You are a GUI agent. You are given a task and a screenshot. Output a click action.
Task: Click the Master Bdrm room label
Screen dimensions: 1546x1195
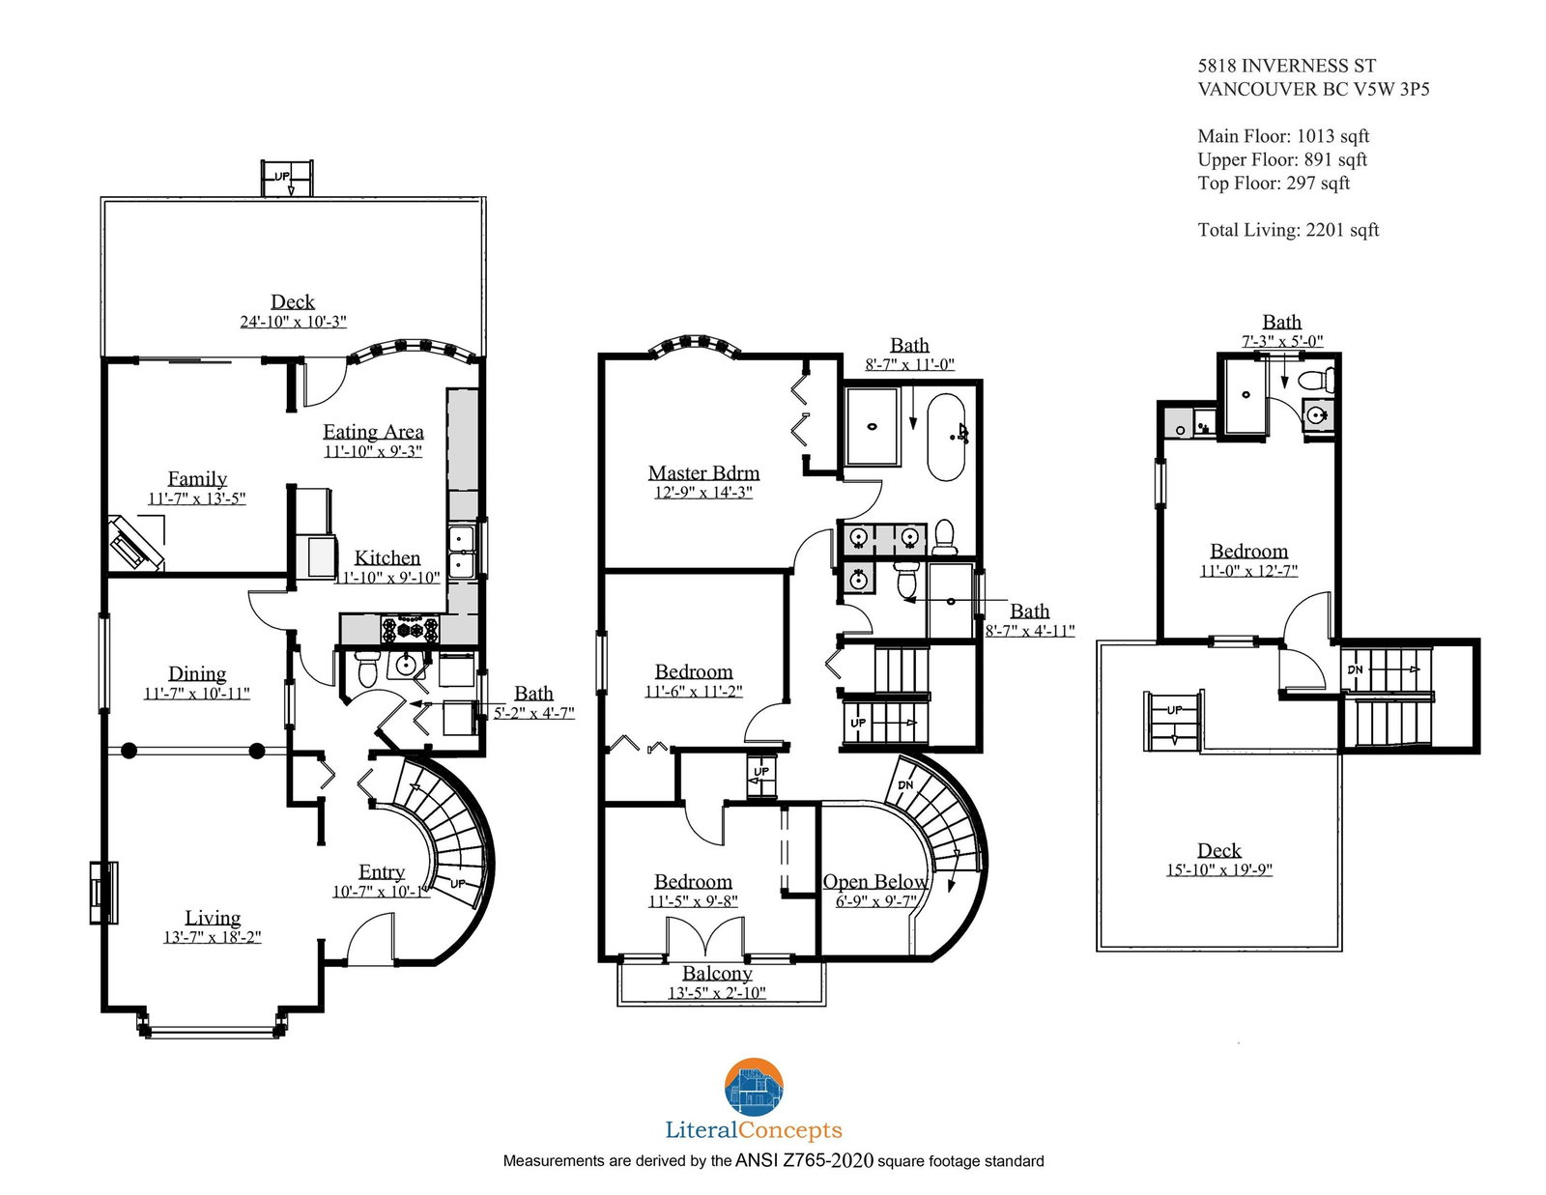click(x=702, y=473)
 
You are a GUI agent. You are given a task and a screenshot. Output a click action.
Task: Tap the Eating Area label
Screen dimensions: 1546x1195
click(x=373, y=432)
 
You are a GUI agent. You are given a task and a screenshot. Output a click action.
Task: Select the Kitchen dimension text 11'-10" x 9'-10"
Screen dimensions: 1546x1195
click(x=387, y=577)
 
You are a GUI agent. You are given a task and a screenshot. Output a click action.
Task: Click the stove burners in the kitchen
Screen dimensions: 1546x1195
click(x=411, y=629)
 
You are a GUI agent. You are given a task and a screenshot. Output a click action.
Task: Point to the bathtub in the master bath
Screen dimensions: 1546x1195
click(x=946, y=438)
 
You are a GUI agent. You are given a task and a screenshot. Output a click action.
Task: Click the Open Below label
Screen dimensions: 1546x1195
click(x=875, y=881)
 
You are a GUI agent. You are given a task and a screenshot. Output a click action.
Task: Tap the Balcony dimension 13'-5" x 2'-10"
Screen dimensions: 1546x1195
click(x=716, y=992)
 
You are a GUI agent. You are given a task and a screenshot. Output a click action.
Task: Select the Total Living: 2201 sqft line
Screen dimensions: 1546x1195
click(x=1288, y=230)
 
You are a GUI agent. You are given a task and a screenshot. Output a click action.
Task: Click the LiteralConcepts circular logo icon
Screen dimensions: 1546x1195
click(x=754, y=1086)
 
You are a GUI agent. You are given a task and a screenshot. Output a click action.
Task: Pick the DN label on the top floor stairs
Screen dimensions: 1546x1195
click(x=1355, y=669)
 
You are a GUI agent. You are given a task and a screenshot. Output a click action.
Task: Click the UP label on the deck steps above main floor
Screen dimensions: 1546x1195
click(x=282, y=176)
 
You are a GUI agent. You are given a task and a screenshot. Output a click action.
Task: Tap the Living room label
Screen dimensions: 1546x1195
click(x=213, y=918)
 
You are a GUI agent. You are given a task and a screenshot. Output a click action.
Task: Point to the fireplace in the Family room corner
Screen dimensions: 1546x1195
click(x=135, y=544)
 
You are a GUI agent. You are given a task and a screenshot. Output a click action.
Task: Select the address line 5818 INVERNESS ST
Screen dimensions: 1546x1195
click(x=1286, y=66)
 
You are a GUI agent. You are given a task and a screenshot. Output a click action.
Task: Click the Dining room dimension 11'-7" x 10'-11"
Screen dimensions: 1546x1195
click(x=197, y=693)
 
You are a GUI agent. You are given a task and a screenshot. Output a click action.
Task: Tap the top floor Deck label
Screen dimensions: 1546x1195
click(x=1218, y=850)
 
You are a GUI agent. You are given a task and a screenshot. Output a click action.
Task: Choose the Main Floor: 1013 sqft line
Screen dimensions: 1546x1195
click(x=1283, y=136)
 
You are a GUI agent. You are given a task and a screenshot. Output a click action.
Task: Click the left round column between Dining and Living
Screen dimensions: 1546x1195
click(x=129, y=750)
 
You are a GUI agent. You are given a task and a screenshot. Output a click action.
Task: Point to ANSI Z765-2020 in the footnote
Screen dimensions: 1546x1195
click(x=804, y=1161)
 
